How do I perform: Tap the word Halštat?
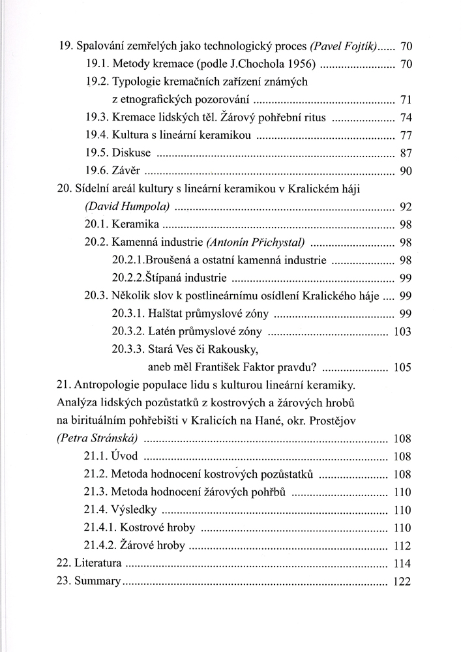click(168, 313)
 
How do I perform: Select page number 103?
click(402, 331)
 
